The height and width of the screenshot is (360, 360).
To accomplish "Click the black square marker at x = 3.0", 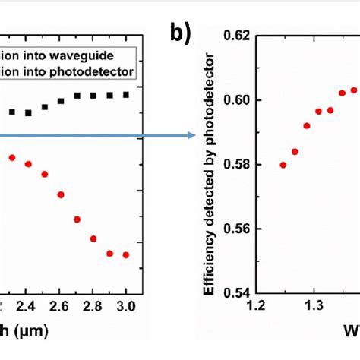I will tap(126, 94).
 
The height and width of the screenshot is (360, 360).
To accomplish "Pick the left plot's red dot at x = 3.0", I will tap(126, 254).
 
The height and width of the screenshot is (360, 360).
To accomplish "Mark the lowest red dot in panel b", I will tap(283, 165).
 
